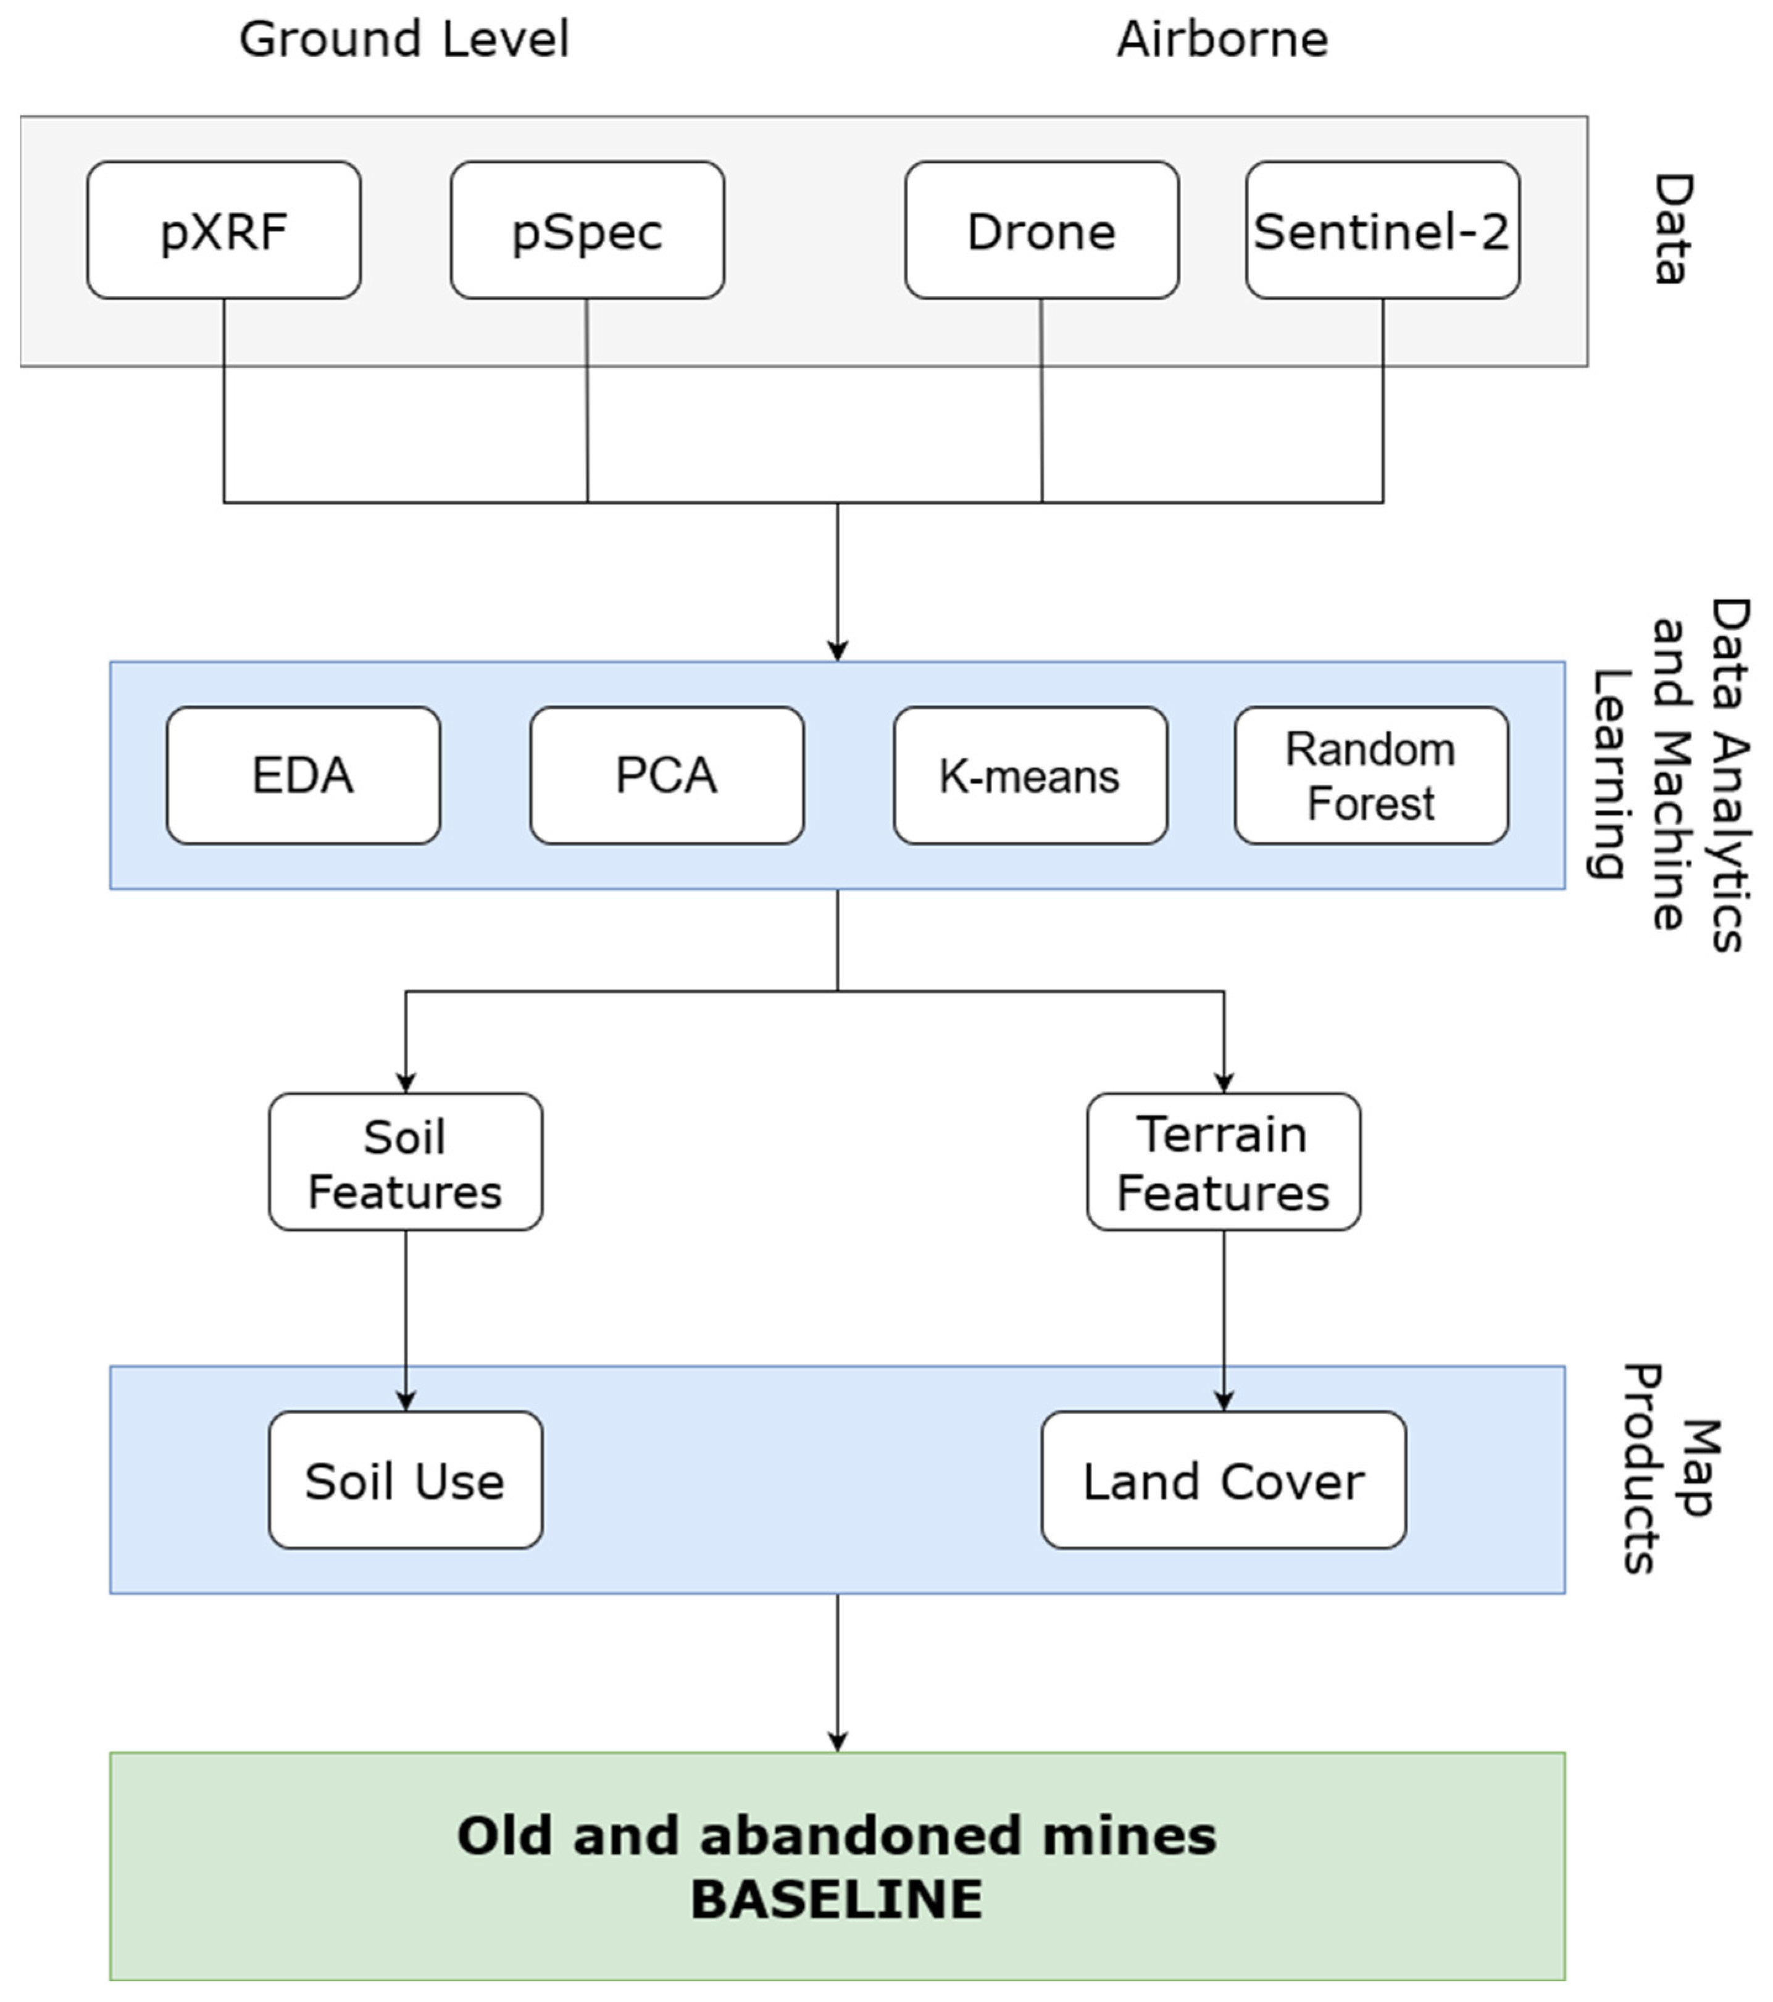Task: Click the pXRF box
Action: click(x=223, y=230)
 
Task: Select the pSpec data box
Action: click(x=586, y=230)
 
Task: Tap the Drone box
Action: click(x=1041, y=230)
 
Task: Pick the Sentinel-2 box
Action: click(x=1382, y=230)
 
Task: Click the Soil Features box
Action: click(x=406, y=1162)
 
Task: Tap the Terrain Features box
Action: click(x=1224, y=1162)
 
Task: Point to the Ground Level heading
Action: click(x=404, y=39)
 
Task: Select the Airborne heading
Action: click(x=1222, y=39)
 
